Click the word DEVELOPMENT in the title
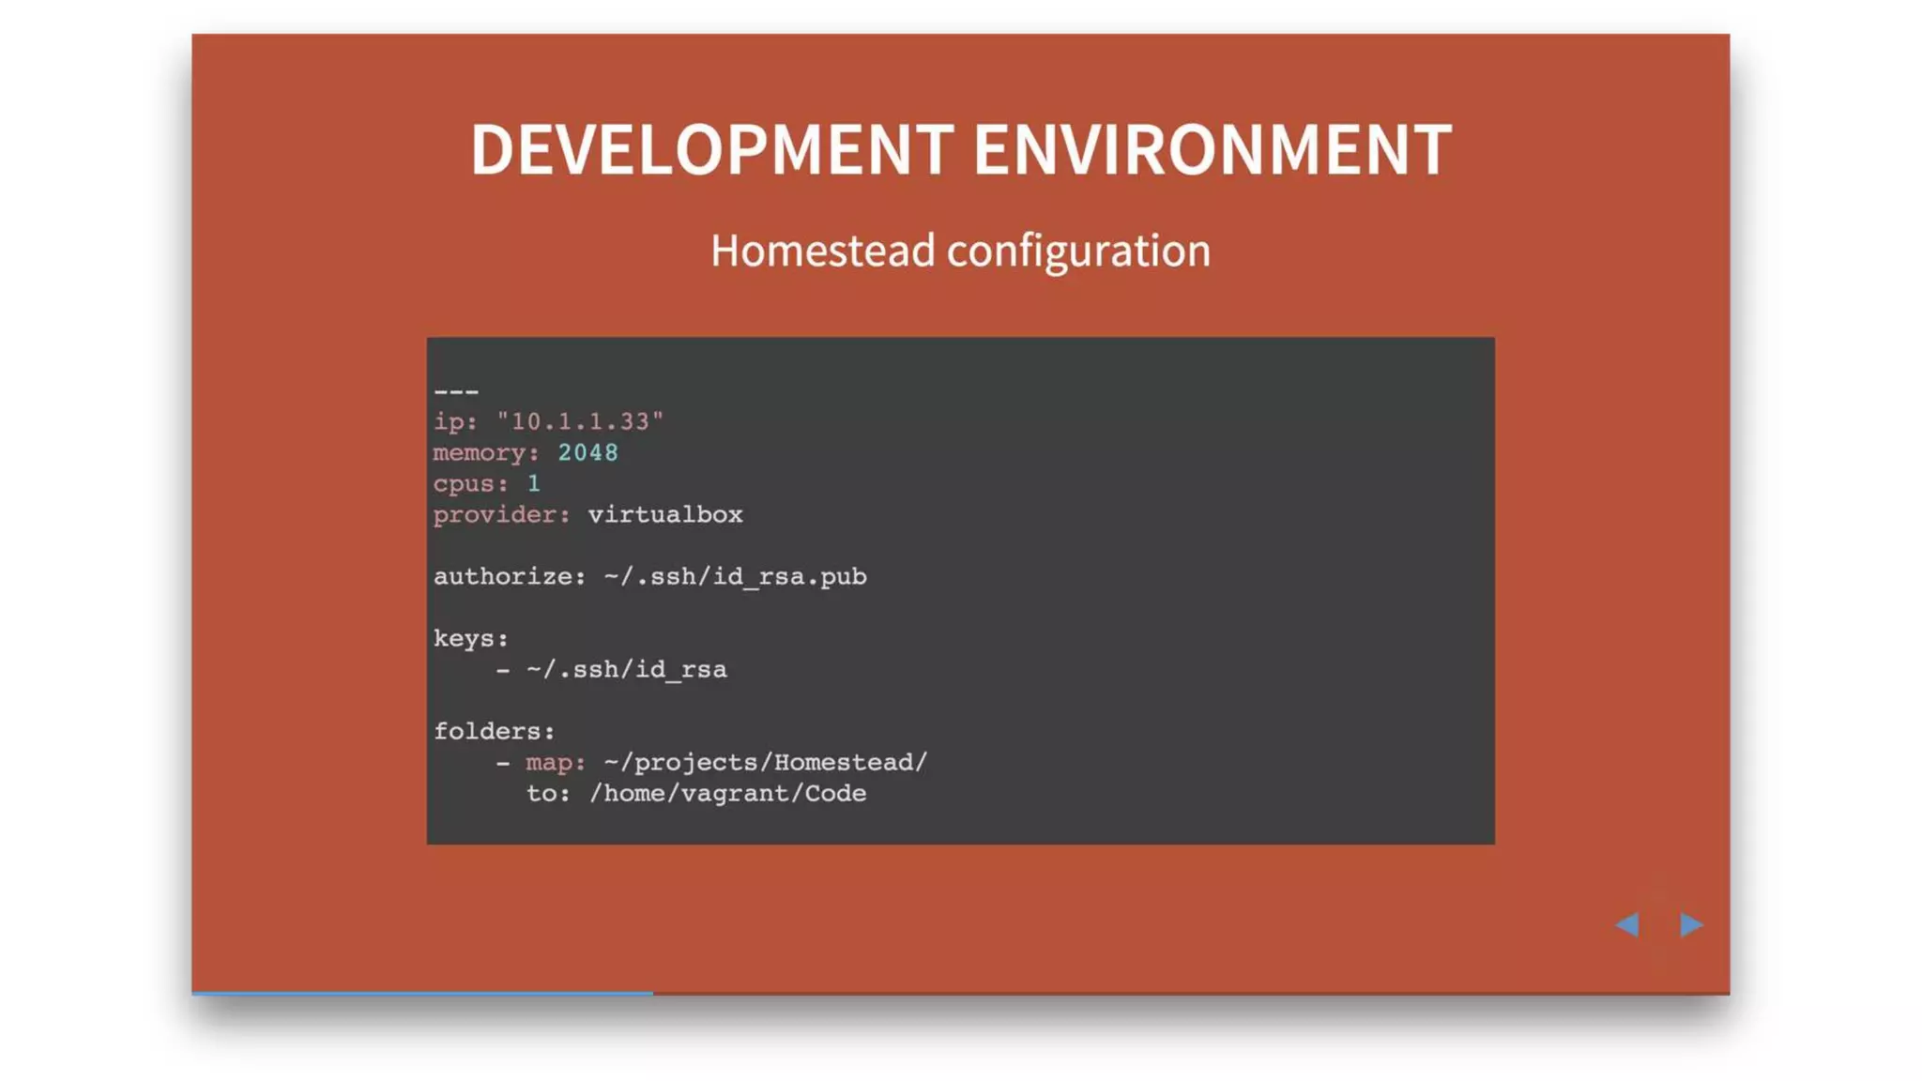click(711, 150)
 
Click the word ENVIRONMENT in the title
click(1213, 150)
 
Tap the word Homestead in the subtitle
click(822, 251)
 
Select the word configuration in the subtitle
click(1078, 251)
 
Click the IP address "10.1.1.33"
click(580, 421)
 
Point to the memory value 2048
click(587, 452)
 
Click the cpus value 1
click(533, 483)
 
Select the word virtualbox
click(664, 514)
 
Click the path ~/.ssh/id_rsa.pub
click(735, 576)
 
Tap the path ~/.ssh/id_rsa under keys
click(626, 669)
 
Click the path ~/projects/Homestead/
click(765, 762)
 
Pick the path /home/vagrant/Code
click(727, 793)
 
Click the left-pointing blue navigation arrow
click(1627, 924)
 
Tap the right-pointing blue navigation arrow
click(1691, 924)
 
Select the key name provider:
click(501, 514)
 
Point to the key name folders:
click(494, 731)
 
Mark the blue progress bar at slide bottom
click(422, 992)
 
